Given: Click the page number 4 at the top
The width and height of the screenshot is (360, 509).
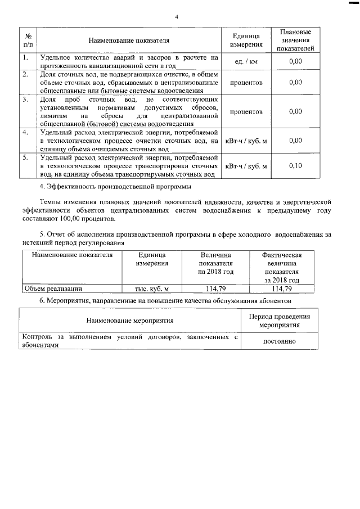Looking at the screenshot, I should tap(176, 17).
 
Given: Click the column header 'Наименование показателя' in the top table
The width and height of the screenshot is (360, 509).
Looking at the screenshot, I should tap(128, 40).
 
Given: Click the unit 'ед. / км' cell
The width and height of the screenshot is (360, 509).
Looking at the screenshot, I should tap(246, 61).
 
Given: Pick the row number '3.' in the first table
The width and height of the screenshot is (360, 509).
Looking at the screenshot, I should tap(25, 100).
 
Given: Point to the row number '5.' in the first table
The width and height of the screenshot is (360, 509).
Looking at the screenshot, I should tap(25, 157).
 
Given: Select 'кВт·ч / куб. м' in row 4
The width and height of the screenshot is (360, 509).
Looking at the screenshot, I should tap(246, 141).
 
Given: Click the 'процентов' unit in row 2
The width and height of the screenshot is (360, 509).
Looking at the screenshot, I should tap(246, 82).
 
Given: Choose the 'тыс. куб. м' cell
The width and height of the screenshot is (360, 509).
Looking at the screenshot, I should tap(152, 289).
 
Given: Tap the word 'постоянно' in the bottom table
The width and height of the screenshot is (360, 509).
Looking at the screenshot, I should tap(280, 341).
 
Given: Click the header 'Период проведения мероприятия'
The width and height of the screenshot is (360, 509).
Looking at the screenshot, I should tap(280, 321).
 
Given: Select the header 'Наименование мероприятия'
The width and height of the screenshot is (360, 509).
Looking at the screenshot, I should tap(129, 321).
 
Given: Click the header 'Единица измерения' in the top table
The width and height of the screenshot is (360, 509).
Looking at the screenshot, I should tap(246, 40).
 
